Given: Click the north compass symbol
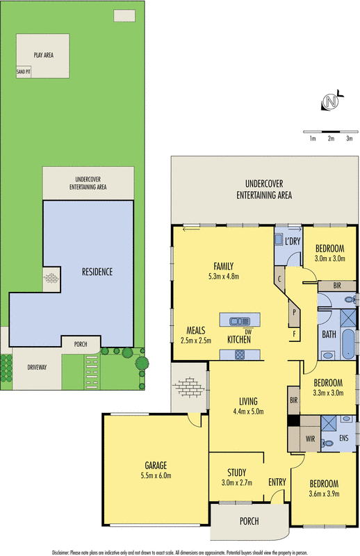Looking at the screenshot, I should [331, 103].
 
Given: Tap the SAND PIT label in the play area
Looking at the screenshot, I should [24, 72].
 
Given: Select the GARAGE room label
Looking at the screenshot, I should [156, 466].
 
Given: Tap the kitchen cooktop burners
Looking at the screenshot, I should [240, 354].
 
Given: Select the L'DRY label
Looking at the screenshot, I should [293, 240].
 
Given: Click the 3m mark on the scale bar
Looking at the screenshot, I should [350, 139].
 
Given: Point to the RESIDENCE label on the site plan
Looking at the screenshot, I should [97, 272].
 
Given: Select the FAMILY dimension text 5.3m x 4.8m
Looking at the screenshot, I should [223, 275].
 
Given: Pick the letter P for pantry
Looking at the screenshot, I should [294, 312].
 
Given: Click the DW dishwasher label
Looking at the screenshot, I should [247, 332].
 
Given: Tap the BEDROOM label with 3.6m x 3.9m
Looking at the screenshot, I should [324, 484].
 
